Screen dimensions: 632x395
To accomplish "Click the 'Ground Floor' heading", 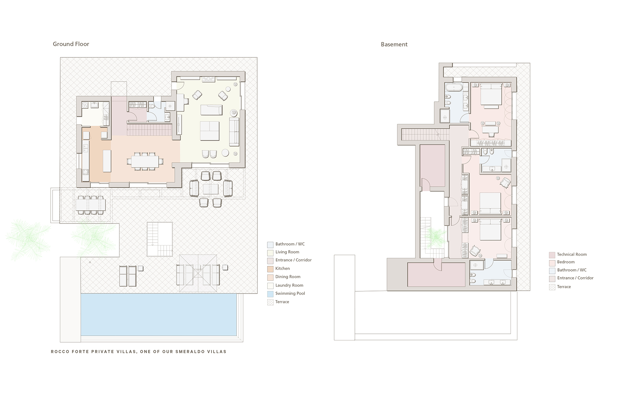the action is (71, 44).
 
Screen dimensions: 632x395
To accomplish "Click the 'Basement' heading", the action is (394, 44).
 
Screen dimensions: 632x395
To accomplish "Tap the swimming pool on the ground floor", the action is (159, 314).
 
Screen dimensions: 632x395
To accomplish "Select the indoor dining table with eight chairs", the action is (145, 161).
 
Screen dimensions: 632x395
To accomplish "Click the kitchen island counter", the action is (107, 161).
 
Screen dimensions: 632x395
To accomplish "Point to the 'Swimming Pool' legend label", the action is (290, 293).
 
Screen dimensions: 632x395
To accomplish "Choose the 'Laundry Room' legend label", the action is (289, 285).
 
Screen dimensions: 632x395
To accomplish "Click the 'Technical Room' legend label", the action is (572, 254).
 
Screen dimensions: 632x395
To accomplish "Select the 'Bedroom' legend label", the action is (566, 262).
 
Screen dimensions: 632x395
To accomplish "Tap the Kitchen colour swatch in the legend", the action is (270, 269).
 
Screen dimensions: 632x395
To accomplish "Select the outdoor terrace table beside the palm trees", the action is (90, 205).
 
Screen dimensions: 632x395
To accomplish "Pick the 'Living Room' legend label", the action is (287, 252).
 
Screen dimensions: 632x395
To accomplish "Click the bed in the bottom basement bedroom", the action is (490, 229).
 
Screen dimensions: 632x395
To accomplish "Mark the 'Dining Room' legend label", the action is (288, 277).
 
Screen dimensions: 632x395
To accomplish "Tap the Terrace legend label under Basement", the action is (564, 287).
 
